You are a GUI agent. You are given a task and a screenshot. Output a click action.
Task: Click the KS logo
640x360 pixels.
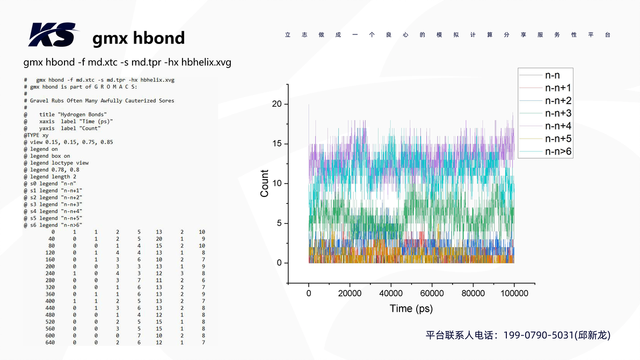point(52,35)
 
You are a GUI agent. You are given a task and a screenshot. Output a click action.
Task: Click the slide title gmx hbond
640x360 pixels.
point(139,38)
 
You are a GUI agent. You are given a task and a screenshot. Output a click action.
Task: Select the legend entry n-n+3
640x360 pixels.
point(558,113)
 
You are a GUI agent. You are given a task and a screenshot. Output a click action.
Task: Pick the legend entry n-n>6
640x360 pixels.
point(558,152)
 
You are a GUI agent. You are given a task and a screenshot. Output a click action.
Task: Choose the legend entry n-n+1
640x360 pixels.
point(558,88)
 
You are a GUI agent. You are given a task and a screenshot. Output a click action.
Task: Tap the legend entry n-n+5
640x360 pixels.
point(558,139)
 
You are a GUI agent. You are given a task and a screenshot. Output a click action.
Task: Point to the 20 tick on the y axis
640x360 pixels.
point(277,104)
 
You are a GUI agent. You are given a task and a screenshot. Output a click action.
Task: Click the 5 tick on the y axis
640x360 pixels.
point(279,223)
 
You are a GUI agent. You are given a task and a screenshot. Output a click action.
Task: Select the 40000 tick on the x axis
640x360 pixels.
point(391,293)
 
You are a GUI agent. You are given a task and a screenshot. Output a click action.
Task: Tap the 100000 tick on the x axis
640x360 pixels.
point(514,293)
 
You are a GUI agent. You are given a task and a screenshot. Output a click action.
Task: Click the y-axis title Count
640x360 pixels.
point(264,183)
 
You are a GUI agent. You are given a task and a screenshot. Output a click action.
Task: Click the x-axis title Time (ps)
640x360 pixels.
point(411,308)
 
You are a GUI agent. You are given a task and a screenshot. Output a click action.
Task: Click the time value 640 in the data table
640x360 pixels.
point(50,342)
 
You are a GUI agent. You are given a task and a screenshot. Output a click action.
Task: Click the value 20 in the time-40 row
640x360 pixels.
point(158,239)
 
